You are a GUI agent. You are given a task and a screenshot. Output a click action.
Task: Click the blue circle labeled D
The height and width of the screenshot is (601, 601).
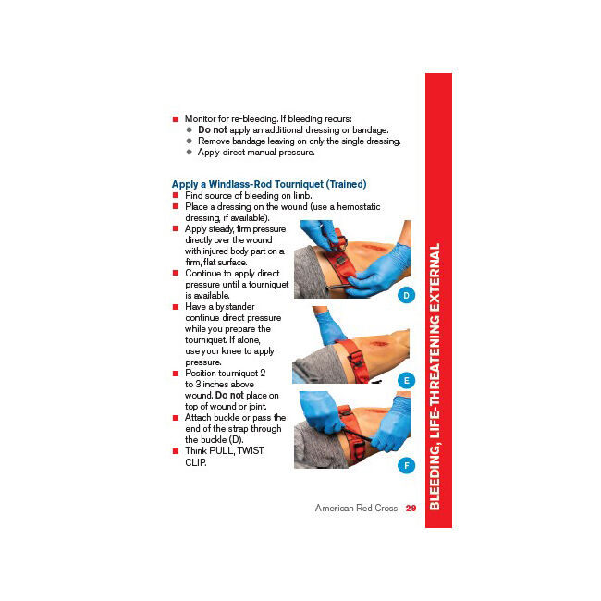406,296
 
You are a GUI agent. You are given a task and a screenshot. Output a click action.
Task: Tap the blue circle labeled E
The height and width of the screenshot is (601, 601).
406,380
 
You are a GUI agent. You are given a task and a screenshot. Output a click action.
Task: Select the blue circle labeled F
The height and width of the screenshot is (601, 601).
406,465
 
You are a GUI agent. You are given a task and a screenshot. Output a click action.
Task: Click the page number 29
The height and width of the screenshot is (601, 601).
411,508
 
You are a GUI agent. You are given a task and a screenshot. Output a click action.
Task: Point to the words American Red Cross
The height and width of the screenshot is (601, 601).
356,508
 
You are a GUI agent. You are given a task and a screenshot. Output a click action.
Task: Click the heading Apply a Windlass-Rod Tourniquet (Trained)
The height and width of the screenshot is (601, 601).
268,184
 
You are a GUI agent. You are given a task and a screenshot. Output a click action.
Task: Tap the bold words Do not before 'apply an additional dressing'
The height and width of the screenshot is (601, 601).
212,130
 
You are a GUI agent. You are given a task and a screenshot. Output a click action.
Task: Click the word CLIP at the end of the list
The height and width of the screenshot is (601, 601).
195,462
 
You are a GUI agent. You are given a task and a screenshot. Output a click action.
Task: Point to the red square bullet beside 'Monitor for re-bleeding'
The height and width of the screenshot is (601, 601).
175,119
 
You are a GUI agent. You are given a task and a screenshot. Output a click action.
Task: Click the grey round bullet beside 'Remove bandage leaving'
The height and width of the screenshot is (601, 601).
189,141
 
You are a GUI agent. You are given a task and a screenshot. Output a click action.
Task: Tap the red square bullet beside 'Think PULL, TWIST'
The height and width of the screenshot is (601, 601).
175,451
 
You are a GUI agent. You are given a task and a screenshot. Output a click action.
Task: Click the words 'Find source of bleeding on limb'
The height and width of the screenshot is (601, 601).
248,196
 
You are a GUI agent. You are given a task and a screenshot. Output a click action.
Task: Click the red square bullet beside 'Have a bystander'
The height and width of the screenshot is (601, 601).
175,307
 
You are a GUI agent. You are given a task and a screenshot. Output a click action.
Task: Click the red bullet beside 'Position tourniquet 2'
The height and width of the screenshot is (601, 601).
175,374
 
